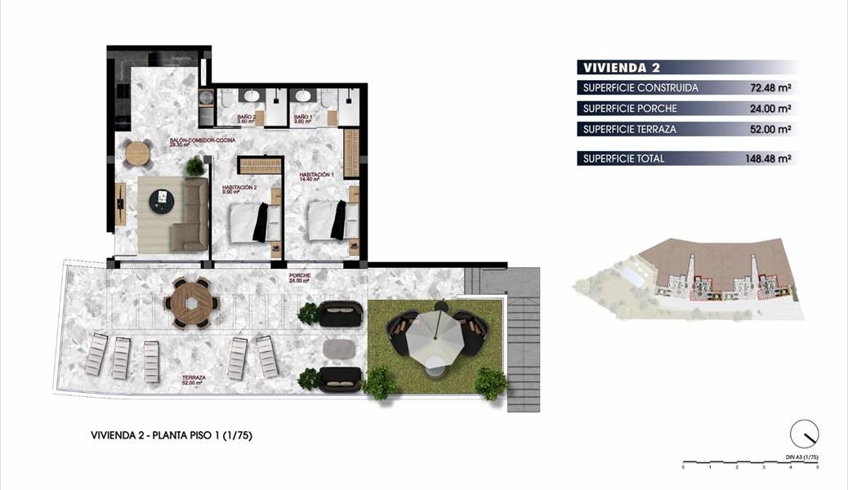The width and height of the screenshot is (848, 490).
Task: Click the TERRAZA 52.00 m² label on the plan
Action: point(194,381)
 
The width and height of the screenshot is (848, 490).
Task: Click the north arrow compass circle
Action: point(804,434)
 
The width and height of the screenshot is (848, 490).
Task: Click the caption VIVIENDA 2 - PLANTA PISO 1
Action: point(171,436)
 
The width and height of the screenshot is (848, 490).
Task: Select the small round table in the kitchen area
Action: point(139,151)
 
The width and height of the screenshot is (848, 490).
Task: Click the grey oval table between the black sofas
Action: point(339,349)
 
